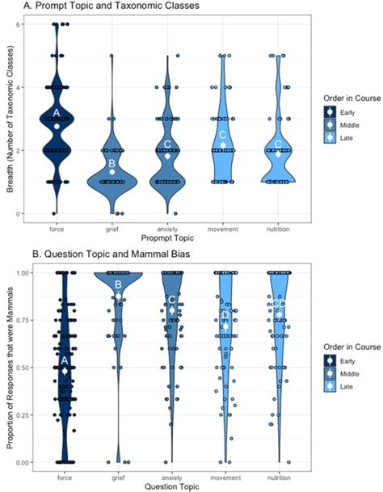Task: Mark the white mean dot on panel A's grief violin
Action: click(112, 172)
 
